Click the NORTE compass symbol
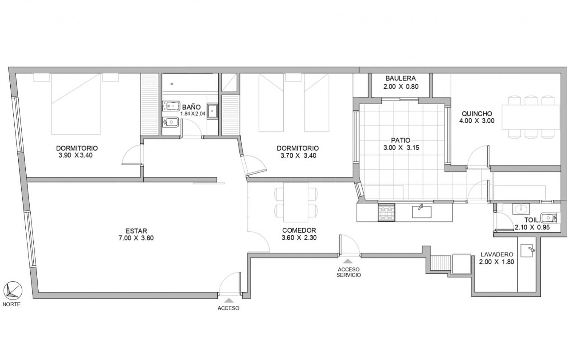pos(13,291)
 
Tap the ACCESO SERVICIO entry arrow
pos(348,261)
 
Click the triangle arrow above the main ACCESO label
pos(229,300)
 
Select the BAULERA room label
pos(401,78)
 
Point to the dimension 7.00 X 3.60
pos(136,238)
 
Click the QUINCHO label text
pos(477,114)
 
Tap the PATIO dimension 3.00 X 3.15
pos(401,147)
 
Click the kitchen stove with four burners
pos(386,213)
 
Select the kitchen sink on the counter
pos(422,211)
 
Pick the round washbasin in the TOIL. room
pos(521,209)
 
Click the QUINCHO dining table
pos(531,117)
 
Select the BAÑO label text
pos(192,107)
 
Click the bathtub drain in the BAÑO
pos(172,84)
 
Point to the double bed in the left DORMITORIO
pos(76,104)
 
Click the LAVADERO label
pos(497,255)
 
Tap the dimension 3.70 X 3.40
pos(298,155)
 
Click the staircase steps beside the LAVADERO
pos(441,263)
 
